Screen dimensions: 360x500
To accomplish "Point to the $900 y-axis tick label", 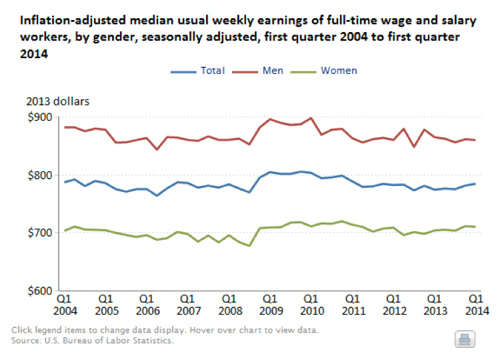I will coord(40,117).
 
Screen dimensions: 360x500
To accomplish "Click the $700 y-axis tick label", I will coord(40,233).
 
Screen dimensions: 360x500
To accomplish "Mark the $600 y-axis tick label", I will coord(40,291).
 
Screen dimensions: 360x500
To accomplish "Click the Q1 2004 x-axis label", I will coord(65,305).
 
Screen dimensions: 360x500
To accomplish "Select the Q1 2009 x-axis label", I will coord(270,305).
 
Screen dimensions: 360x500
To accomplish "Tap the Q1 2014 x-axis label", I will coord(476,305).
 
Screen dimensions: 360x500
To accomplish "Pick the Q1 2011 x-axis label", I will coord(353,305).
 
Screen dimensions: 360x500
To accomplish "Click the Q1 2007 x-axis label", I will coord(188,305).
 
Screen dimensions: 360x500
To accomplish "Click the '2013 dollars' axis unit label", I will coord(57,102).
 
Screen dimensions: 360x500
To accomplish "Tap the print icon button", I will coord(464,339).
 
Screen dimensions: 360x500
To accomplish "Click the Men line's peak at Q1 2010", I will coord(311,119).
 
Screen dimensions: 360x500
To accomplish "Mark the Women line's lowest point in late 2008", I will coord(249,245).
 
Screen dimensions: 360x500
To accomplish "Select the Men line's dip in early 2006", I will coord(157,149).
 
